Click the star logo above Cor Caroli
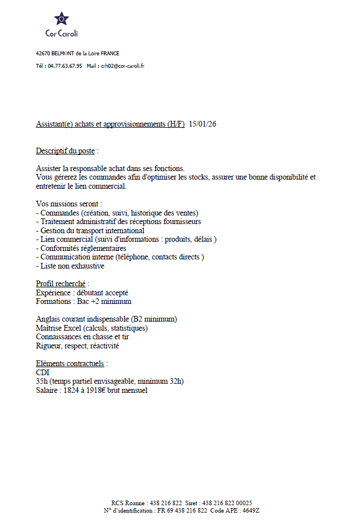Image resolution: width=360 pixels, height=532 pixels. pos(61,19)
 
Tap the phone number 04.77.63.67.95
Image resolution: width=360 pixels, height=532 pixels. pos(64,66)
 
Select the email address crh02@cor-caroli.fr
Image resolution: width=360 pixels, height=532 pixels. pos(123,66)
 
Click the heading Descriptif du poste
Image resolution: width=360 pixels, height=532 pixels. pos(65,151)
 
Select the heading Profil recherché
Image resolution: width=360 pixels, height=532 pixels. pos(61,283)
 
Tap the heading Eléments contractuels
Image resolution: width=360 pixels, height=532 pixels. pos(70,363)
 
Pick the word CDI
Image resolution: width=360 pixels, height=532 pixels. pos(43,372)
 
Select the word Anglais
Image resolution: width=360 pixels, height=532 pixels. pos(48,319)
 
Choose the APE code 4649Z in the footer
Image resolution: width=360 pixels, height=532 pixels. pos(250,511)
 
